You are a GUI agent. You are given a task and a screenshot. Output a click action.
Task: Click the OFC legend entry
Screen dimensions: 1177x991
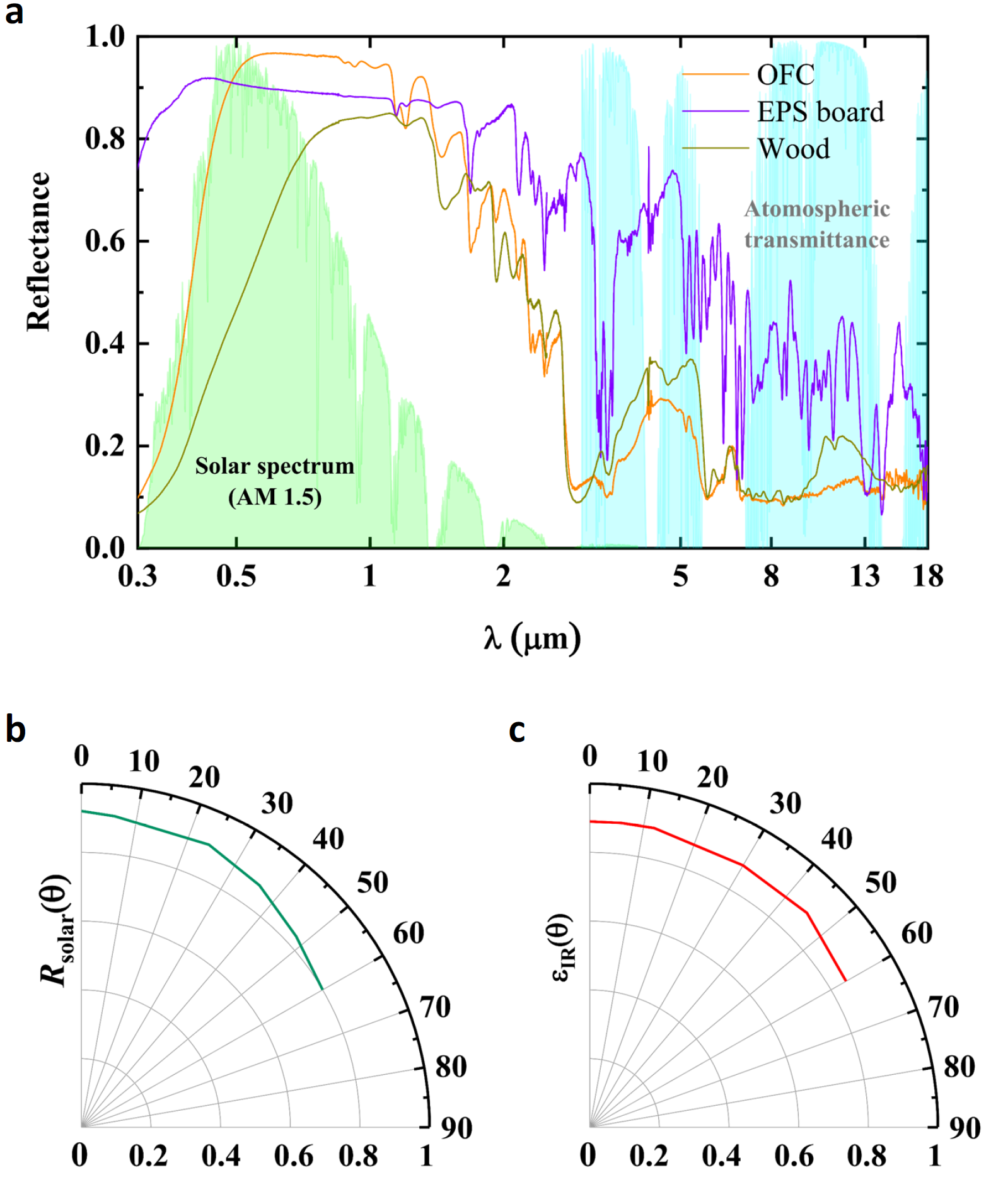pyautogui.click(x=785, y=75)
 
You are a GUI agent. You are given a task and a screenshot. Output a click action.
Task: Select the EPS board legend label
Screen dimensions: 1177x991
pyautogui.click(x=820, y=112)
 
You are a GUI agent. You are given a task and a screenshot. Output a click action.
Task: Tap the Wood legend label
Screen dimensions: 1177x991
pyautogui.click(x=794, y=149)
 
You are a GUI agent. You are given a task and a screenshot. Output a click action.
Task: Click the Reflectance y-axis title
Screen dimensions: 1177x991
pyautogui.click(x=38, y=251)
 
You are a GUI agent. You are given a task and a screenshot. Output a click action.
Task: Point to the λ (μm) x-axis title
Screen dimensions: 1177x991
pyautogui.click(x=532, y=638)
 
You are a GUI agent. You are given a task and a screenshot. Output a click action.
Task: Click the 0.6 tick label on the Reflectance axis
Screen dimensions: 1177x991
pyautogui.click(x=105, y=241)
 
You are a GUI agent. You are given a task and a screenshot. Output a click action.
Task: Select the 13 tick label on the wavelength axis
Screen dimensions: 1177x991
pyautogui.click(x=864, y=576)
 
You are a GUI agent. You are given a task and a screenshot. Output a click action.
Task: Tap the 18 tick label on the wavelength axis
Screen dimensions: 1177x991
pyautogui.click(x=927, y=576)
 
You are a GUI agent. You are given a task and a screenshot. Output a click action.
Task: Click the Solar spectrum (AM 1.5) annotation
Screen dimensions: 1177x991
pyautogui.click(x=275, y=481)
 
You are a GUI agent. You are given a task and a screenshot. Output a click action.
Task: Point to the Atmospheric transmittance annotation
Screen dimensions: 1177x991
pyautogui.click(x=817, y=225)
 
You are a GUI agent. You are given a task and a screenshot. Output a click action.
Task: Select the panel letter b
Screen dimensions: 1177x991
pyautogui.click(x=15, y=730)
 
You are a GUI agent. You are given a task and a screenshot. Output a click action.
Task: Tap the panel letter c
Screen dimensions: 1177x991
pyautogui.click(x=517, y=730)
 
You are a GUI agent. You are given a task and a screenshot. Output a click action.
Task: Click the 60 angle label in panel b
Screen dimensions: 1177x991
pyautogui.click(x=409, y=933)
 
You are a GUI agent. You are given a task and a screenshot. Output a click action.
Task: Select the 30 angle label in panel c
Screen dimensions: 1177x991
pyautogui.click(x=785, y=804)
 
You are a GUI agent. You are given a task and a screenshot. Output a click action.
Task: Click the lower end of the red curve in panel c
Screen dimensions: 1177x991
pyautogui.click(x=845, y=980)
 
